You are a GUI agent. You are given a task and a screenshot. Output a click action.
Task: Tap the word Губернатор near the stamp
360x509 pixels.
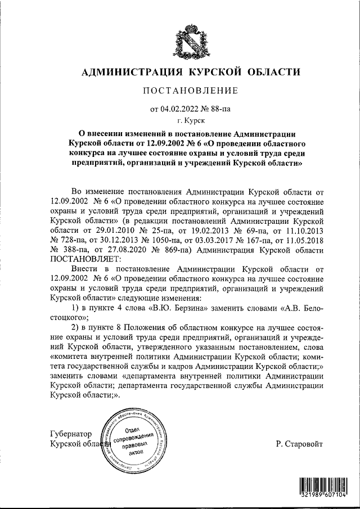point(70,434)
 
